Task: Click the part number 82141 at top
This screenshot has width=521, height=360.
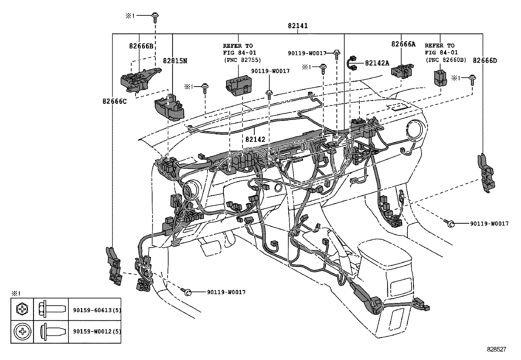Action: [x=297, y=26]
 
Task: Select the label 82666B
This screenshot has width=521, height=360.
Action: [x=141, y=46]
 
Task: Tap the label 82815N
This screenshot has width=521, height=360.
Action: [x=175, y=61]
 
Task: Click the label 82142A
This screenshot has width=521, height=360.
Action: [x=377, y=63]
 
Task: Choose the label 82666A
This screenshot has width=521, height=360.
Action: [x=403, y=44]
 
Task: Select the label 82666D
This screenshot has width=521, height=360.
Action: [x=485, y=60]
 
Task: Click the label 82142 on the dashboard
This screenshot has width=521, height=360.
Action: [x=255, y=139]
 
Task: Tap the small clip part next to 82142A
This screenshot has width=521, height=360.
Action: [x=352, y=63]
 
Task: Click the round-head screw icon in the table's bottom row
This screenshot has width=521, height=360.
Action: [x=22, y=332]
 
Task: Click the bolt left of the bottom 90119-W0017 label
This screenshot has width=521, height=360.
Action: [x=188, y=292]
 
